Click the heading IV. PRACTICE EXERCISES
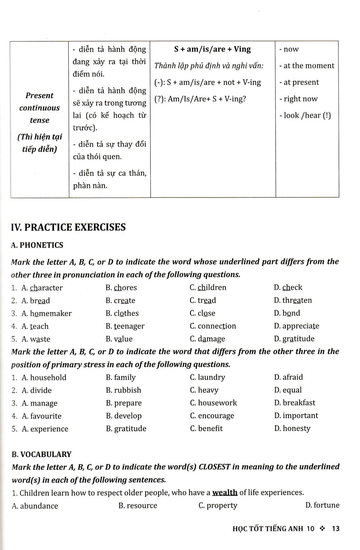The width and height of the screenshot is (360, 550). [x=68, y=226]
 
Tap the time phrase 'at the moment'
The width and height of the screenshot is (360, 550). [x=306, y=66]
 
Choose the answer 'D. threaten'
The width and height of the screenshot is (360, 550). [x=293, y=301]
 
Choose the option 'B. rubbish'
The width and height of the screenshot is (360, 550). [x=123, y=390]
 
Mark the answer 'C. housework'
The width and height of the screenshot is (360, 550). [x=213, y=403]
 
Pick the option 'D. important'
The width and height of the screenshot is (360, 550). [x=295, y=416]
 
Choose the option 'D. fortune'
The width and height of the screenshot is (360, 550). [x=322, y=506]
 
